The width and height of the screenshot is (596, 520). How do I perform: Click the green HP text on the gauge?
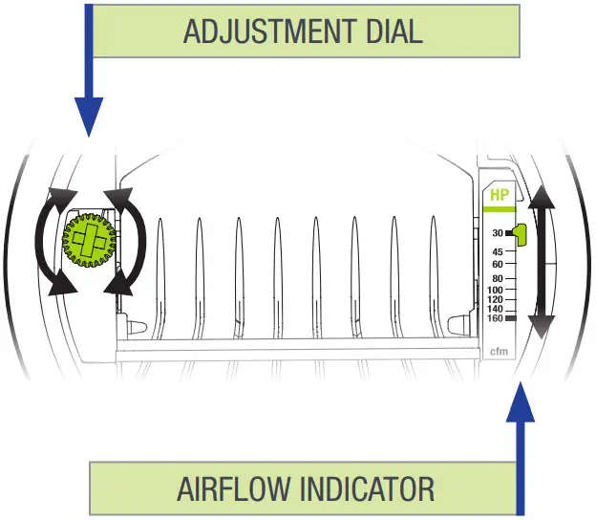tap(499, 195)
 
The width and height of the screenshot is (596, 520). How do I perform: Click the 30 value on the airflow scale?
tap(498, 233)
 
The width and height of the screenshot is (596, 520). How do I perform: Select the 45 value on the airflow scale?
tap(498, 251)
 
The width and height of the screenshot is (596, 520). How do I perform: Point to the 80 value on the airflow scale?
tap(498, 278)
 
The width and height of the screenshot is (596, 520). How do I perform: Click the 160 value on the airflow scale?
tap(495, 318)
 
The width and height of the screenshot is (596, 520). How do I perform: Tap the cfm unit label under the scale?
tap(498, 352)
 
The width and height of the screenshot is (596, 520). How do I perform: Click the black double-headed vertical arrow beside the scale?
tap(541, 260)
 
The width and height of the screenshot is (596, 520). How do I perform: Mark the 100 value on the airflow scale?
tap(495, 289)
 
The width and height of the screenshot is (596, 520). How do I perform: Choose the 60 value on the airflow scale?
tap(498, 264)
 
